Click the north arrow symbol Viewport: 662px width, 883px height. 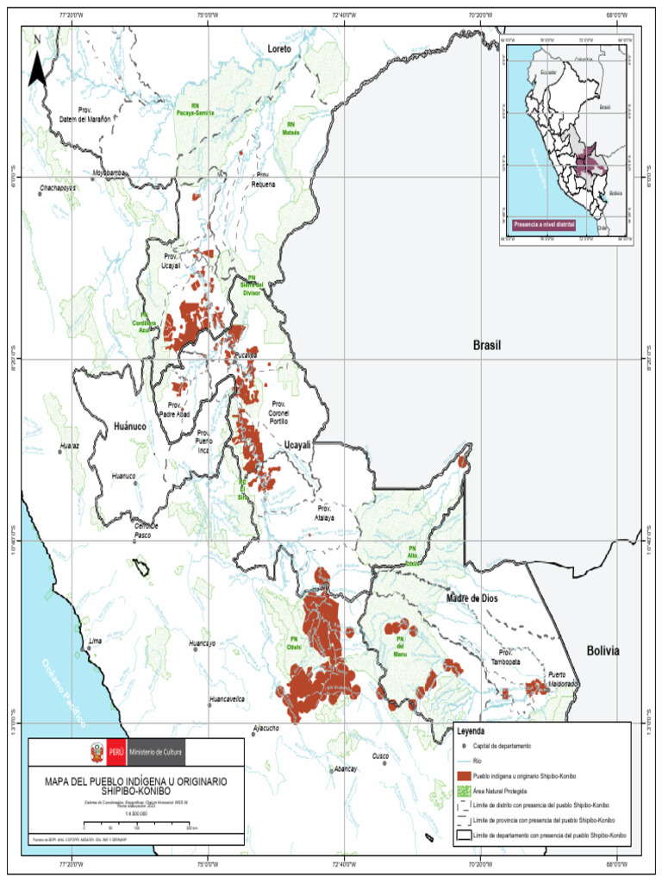pos(38,64)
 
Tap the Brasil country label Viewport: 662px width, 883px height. pos(486,345)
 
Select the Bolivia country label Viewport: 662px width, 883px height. pos(603,651)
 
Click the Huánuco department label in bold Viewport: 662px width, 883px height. pos(131,426)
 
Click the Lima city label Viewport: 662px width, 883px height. pos(96,642)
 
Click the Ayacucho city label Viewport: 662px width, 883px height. pos(265,729)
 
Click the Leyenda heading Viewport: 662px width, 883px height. pos(471,731)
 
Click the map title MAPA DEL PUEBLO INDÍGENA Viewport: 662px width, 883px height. pos(136,784)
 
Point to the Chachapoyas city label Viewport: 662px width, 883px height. pos(58,186)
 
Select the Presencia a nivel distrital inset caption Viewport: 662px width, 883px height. pos(544,224)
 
